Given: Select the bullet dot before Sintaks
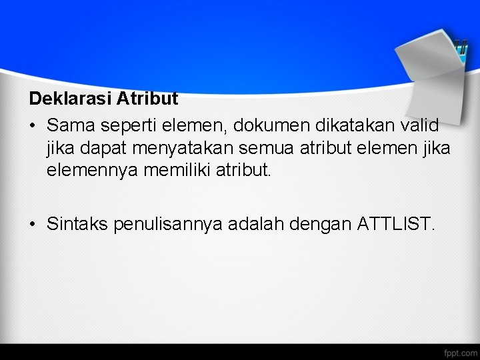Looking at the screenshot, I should pos(33,224).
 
